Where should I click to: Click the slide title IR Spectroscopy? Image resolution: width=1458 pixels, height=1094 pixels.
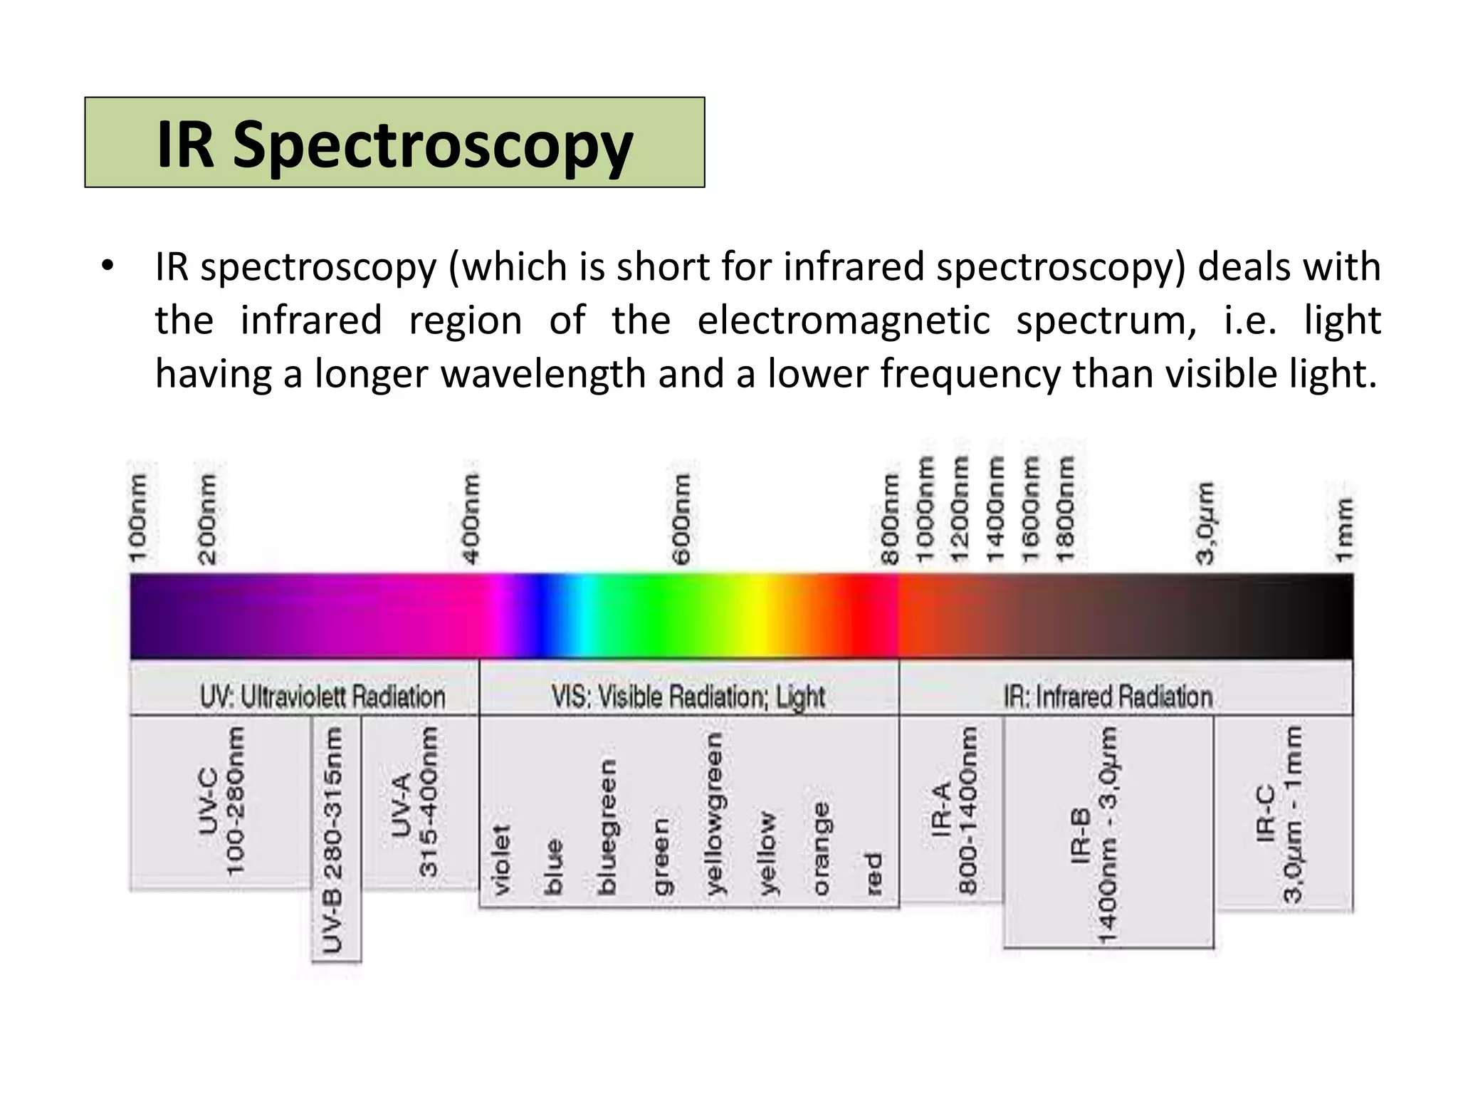pyautogui.click(x=394, y=145)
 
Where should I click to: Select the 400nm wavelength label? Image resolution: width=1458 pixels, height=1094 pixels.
pyautogui.click(x=471, y=518)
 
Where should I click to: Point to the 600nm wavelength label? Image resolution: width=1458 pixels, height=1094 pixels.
pyautogui.click(x=681, y=518)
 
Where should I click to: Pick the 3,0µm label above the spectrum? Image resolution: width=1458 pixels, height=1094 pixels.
pyautogui.click(x=1205, y=523)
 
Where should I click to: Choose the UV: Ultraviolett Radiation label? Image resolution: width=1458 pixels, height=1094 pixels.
pyautogui.click(x=322, y=697)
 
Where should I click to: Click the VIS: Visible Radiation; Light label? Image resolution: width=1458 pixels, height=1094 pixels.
pyautogui.click(x=688, y=697)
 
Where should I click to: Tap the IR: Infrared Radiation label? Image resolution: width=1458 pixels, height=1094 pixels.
pyautogui.click(x=1108, y=697)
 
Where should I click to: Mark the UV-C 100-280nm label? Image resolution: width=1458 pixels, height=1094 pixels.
pyautogui.click(x=221, y=801)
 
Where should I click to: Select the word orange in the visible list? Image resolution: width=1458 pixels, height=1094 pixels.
pyautogui.click(x=821, y=848)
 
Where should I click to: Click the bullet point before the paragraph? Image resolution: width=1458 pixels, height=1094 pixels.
pyautogui.click(x=107, y=267)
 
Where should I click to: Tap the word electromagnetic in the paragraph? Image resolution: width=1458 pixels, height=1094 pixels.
pyautogui.click(x=843, y=321)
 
